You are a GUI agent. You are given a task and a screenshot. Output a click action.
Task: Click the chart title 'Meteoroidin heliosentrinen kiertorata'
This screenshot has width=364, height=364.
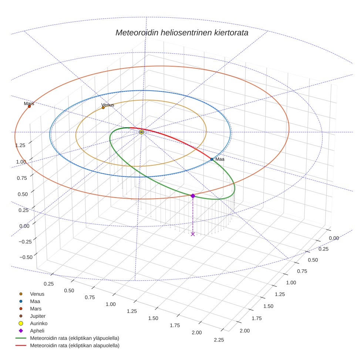pos(182,33)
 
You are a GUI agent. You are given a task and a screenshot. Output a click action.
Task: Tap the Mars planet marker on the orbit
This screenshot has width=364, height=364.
pos(29,107)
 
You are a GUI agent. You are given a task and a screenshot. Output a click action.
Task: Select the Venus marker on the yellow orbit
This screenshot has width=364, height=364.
pos(103,108)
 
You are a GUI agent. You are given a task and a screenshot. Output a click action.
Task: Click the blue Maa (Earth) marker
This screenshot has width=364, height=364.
pos(212,159)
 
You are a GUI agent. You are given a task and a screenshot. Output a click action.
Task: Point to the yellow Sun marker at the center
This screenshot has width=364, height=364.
pos(142,132)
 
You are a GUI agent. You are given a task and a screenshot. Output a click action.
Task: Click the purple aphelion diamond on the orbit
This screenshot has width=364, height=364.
pos(193,196)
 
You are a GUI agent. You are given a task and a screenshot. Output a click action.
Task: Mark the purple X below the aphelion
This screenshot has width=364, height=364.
pos(193,234)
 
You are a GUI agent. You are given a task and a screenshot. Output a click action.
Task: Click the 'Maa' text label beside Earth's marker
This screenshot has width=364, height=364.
pos(220,159)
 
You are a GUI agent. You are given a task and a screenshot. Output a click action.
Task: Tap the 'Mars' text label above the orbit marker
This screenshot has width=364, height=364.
pos(29,104)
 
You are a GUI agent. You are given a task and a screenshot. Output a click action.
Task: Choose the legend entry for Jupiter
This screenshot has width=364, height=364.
pos(37,316)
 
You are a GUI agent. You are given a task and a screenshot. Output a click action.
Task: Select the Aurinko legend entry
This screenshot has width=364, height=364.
pos(38,323)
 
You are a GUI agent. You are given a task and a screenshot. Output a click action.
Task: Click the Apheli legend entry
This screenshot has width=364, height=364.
pos(37,331)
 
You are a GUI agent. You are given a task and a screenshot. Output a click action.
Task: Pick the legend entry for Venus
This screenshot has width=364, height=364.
pos(37,294)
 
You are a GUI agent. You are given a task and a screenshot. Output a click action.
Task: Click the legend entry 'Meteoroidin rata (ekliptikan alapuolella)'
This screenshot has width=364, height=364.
pos(74,346)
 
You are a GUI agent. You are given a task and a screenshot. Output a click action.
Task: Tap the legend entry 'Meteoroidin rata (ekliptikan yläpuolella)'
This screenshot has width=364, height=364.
pos(74,338)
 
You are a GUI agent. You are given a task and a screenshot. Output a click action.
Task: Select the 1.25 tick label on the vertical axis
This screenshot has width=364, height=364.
pos(20,145)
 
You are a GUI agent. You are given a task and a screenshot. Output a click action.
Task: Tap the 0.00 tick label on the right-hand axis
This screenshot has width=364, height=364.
pos(334,238)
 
